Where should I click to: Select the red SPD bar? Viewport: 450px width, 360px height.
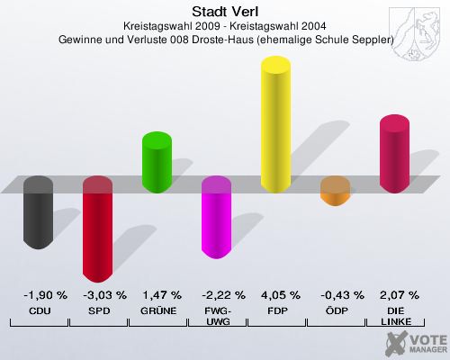(x=97, y=229)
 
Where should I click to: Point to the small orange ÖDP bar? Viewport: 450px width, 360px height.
(x=335, y=191)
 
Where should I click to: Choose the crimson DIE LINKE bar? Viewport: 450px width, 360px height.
(x=394, y=153)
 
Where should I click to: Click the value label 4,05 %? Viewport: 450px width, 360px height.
(x=278, y=295)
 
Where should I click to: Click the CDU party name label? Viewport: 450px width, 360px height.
(x=39, y=310)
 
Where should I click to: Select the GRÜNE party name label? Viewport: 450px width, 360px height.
(x=158, y=310)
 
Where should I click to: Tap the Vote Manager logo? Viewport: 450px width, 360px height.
(x=414, y=342)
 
